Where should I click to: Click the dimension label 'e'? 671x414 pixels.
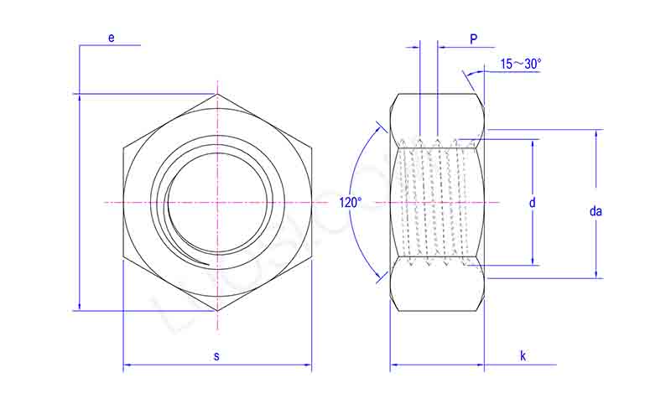110,38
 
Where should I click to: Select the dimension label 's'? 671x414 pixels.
216,356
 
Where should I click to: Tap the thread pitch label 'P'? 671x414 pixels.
473,39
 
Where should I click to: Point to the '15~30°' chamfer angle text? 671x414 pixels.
521,64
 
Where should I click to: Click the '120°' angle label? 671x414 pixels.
351,202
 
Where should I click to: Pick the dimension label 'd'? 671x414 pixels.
532,202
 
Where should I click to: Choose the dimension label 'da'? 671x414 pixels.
596,211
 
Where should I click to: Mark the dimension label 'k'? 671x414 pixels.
522,356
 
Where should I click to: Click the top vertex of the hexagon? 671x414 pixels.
217,93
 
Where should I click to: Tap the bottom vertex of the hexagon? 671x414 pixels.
217,311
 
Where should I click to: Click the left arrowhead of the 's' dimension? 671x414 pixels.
127,365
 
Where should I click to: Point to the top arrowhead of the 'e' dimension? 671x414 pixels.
79,96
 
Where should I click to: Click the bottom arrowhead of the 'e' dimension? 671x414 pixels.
79,307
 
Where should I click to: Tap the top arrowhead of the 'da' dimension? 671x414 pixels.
596,133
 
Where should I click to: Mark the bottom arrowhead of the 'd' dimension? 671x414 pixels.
532,261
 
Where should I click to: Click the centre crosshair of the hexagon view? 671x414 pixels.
217,202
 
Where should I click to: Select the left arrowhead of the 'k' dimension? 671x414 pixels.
394,365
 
